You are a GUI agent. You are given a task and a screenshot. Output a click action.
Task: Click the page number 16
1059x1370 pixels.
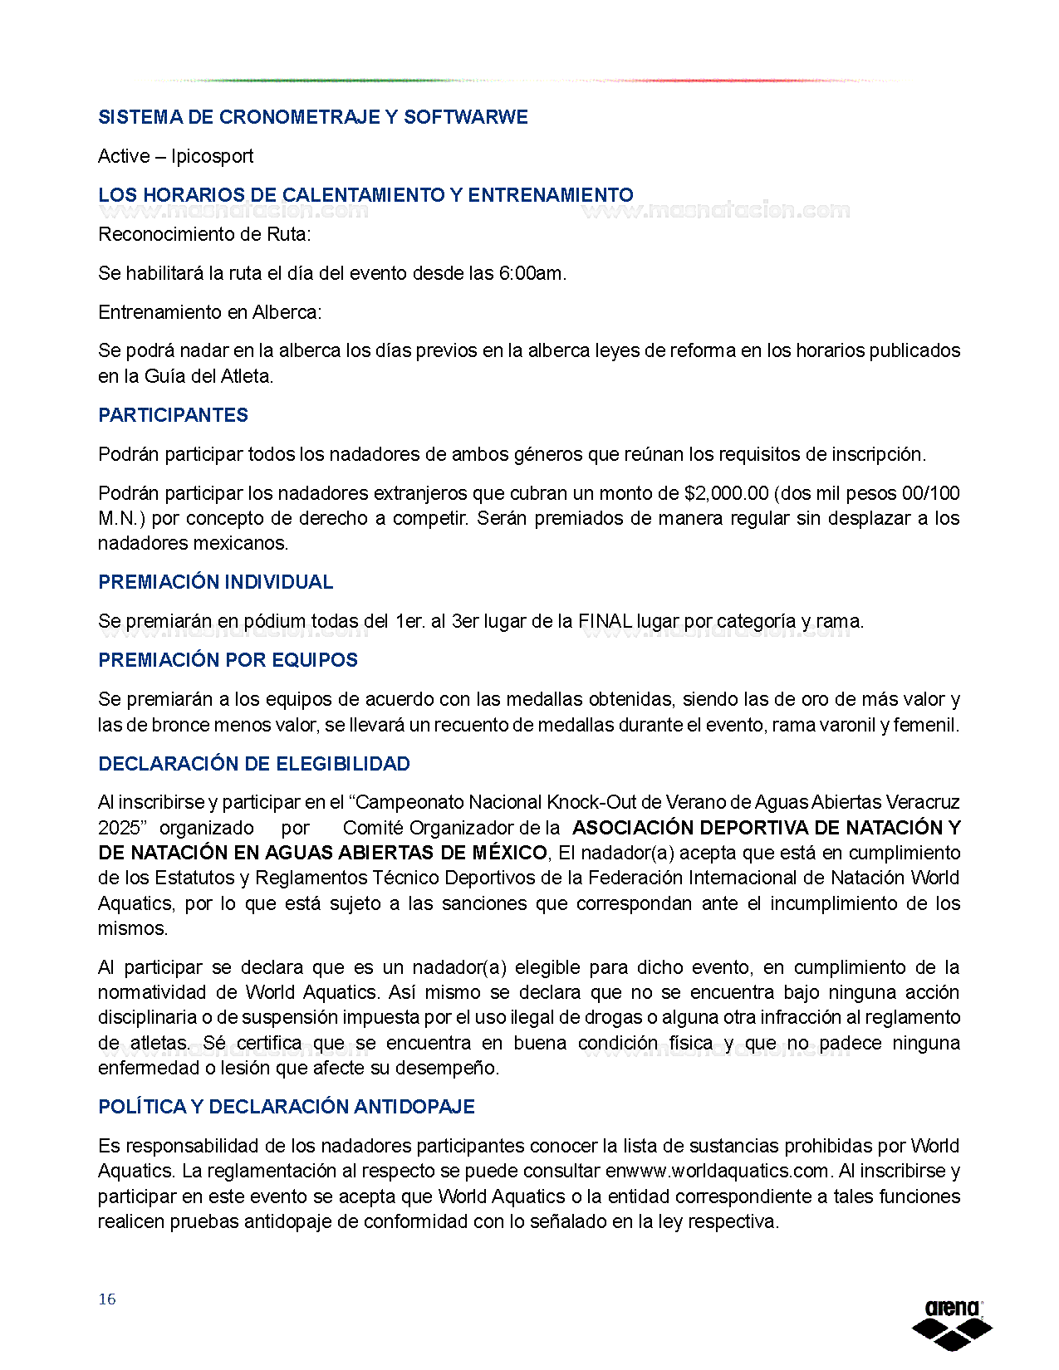point(107,1299)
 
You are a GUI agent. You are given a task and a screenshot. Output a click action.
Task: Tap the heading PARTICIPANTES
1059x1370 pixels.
point(173,415)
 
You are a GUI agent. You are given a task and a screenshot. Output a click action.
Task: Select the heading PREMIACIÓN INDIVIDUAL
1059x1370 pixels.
point(215,582)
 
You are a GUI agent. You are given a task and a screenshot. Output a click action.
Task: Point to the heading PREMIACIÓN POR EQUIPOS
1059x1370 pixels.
point(228,660)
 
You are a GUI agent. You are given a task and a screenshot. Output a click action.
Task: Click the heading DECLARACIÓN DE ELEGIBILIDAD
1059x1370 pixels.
point(254,764)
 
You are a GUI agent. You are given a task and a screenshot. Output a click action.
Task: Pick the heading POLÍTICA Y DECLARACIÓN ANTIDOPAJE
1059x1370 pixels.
point(287,1107)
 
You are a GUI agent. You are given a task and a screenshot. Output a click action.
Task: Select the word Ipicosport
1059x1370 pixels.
point(212,156)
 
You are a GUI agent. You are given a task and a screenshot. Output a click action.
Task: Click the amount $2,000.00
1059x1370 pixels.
point(726,493)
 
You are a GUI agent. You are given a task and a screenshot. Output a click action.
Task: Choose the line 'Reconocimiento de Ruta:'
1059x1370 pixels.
point(204,234)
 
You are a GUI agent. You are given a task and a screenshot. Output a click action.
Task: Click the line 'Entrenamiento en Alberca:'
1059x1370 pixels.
point(210,312)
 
